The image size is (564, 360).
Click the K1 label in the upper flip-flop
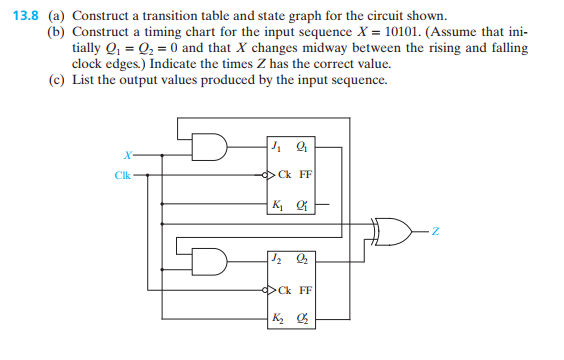(x=277, y=207)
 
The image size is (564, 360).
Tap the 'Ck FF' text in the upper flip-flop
(x=295, y=176)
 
